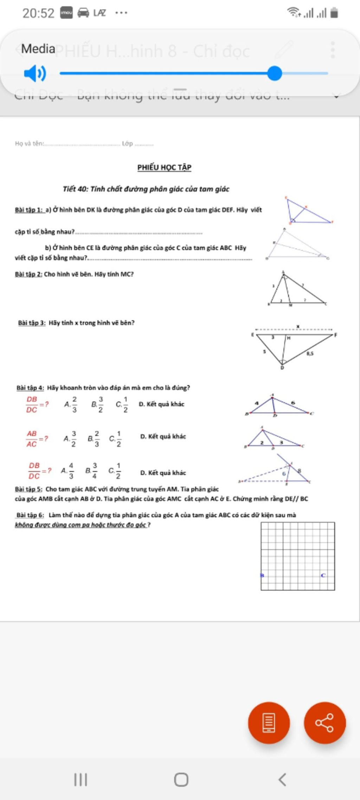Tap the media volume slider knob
pyautogui.click(x=275, y=73)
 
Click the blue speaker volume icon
pyautogui.click(x=35, y=73)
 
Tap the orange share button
pyautogui.click(x=324, y=723)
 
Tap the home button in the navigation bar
pyautogui.click(x=181, y=780)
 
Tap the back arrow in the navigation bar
pyautogui.click(x=282, y=780)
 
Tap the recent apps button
pyautogui.click(x=81, y=780)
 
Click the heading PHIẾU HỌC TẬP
pyautogui.click(x=164, y=167)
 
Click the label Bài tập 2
pyautogui.click(x=28, y=274)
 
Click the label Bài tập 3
pyautogui.click(x=32, y=323)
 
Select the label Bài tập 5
pyautogui.click(x=29, y=489)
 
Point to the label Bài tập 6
pyautogui.click(x=30, y=515)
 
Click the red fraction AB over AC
pyautogui.click(x=32, y=439)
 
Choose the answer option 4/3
pyautogui.click(x=71, y=471)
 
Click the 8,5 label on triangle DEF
pyautogui.click(x=310, y=354)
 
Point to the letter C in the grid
pyautogui.click(x=323, y=575)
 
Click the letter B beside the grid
pyautogui.click(x=262, y=575)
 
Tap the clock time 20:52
pyautogui.click(x=38, y=13)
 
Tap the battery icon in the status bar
pyautogui.click(x=334, y=13)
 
